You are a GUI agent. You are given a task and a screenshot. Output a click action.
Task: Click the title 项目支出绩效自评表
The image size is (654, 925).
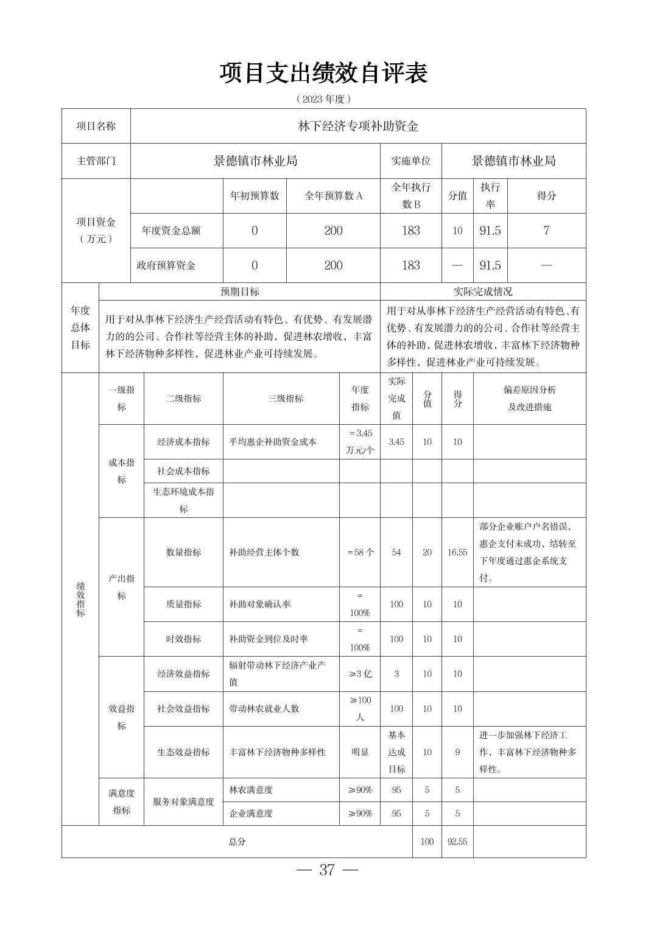pos(324,73)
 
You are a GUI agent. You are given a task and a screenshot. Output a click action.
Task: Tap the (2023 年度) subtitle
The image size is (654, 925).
pos(324,99)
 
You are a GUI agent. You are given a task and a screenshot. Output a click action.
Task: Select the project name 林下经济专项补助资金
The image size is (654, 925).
pos(358,127)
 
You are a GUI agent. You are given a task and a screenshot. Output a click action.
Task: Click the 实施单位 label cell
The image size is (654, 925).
pos(410,161)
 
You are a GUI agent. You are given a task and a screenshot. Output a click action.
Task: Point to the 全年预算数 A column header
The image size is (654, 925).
pos(333,196)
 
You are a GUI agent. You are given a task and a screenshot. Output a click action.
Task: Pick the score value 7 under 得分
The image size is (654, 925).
pos(546,231)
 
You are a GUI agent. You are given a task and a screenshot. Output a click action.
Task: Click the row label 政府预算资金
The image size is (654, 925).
pos(166,265)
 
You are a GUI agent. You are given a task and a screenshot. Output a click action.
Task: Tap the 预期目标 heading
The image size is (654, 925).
pos(239,291)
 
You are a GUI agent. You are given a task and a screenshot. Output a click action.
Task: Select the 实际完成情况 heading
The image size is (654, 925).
pos(483,291)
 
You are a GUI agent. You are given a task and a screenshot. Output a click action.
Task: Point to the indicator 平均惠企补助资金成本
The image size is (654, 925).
pos(273,442)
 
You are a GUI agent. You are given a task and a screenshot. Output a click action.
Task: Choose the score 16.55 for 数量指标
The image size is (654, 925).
pos(457,553)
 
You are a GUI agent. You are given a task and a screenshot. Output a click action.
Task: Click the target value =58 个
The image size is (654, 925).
pos(360,553)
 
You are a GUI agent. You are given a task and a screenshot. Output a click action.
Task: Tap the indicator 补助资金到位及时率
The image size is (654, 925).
pos(269,639)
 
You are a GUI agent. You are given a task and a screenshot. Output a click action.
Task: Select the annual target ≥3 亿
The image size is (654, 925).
pos(360,674)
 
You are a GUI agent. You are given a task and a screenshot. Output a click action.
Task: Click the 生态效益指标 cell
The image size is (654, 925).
pos(183,752)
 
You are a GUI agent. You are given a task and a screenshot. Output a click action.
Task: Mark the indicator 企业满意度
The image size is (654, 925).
pos(251,813)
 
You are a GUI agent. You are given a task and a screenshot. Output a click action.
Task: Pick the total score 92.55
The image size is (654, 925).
pos(457,842)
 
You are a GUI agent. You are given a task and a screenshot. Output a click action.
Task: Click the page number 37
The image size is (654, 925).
pos(327,870)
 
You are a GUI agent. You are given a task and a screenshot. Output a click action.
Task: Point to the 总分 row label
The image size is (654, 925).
pos(237,842)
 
